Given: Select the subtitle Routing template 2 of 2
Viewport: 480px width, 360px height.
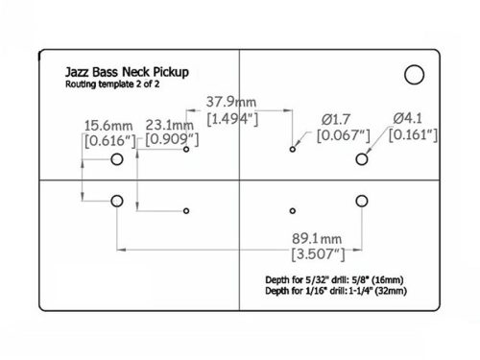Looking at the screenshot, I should coord(114,86).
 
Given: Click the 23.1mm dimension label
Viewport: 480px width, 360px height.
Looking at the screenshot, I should coord(169,126).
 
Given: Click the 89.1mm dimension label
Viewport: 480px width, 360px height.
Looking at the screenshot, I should coord(319,237).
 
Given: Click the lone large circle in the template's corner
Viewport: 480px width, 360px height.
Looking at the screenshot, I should coord(415,74).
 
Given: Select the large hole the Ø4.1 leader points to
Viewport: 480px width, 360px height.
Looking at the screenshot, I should coord(362,158).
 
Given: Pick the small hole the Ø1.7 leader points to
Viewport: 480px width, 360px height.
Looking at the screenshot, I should coord(293,150).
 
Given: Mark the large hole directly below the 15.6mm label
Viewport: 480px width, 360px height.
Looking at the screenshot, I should coord(117,159).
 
